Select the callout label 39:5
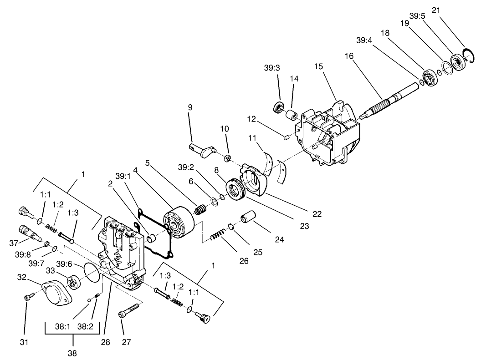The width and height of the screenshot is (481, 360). coord(417,15)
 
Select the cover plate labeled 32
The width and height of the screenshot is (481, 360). coord(56,292)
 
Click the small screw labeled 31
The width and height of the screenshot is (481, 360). coord(27,297)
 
